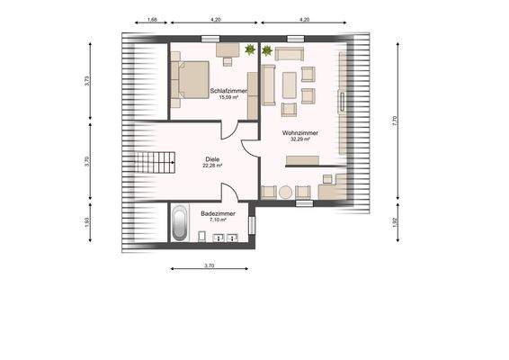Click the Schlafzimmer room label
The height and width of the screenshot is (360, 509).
(x=228, y=91)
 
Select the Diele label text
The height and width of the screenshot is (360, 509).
(x=212, y=158)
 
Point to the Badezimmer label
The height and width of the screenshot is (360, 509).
(x=219, y=212)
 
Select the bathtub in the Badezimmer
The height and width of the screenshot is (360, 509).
(x=180, y=223)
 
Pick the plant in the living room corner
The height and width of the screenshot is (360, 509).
(x=266, y=51)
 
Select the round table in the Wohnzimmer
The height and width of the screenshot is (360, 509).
(x=286, y=192)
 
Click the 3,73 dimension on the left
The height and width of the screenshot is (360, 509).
(x=87, y=79)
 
